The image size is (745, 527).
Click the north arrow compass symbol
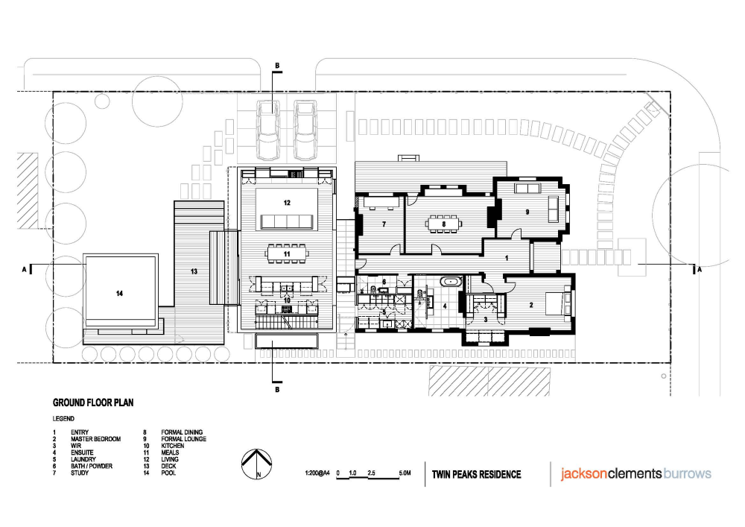coord(256,464)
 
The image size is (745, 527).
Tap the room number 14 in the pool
coord(119,294)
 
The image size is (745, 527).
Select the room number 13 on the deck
coord(194,272)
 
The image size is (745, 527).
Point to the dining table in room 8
coord(444,224)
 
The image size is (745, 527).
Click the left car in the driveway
coord(268,130)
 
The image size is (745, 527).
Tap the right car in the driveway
coord(305,130)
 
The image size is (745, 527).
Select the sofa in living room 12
coord(287,222)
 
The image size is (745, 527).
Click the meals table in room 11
coord(287,253)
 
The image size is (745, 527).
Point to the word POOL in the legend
coord(168,473)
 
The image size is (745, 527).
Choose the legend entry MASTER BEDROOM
coord(95,439)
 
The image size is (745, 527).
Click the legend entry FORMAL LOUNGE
coord(183,439)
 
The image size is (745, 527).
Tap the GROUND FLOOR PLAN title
coord(93,403)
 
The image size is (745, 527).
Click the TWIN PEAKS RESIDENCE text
coord(477,474)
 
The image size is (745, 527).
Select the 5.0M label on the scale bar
coord(405,473)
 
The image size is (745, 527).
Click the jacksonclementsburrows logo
coord(635,474)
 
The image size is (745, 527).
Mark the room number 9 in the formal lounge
coord(527,212)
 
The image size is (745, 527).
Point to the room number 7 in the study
coord(384,224)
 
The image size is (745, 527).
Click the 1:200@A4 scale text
coord(317,473)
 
